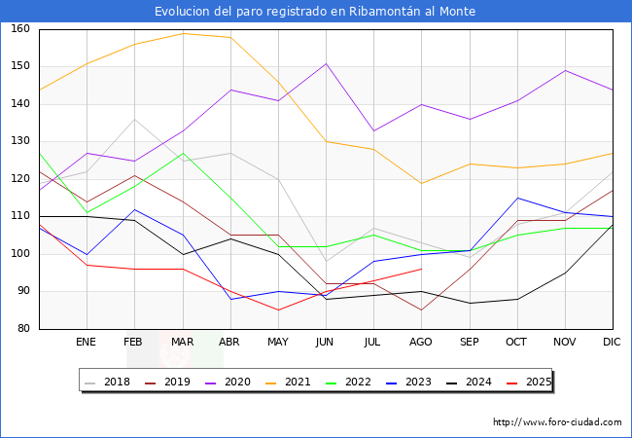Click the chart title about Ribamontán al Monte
pos(315,12)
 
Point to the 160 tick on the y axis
pos(20,29)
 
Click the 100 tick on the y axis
pos(20,254)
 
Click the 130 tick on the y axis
pos(20,142)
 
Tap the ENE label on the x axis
pos(87,343)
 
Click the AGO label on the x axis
pos(421,343)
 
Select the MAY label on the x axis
pos(278,343)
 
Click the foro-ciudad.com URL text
pos(557,422)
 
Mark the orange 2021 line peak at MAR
pos(182,33)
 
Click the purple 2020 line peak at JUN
pos(326,63)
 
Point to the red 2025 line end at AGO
pos(421,269)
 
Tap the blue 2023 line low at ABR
pos(230,299)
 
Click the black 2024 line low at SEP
pos(469,303)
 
